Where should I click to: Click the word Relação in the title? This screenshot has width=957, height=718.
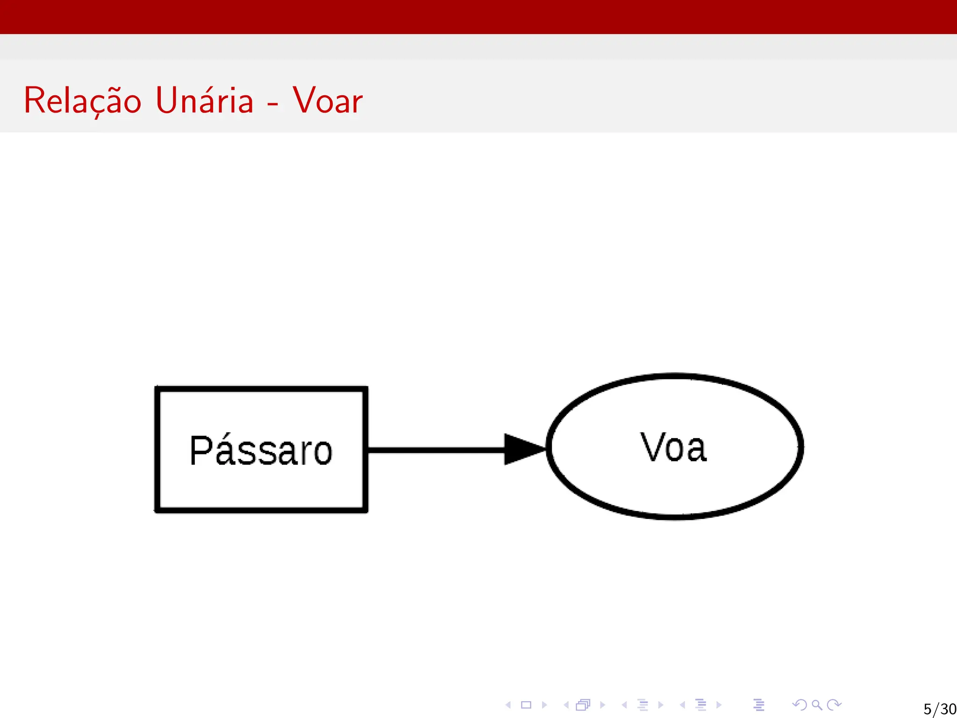(82, 101)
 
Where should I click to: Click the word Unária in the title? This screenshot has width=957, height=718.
(204, 101)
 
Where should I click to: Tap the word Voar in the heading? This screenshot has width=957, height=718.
(328, 101)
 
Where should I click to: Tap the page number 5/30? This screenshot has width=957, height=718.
(939, 709)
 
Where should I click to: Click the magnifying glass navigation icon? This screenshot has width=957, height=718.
(817, 704)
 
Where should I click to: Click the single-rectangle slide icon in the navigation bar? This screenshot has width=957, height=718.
(526, 704)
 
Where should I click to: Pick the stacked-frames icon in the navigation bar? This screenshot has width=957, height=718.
(583, 704)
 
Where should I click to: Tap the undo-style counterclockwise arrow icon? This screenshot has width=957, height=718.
(800, 704)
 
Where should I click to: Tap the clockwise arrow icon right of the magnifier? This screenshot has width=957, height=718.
(834, 704)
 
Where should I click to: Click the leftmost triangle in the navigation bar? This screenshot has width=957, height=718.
(508, 704)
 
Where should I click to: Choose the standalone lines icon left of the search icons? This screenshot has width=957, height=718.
(759, 704)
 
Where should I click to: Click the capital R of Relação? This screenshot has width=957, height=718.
(34, 101)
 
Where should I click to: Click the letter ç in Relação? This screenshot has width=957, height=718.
(97, 105)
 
